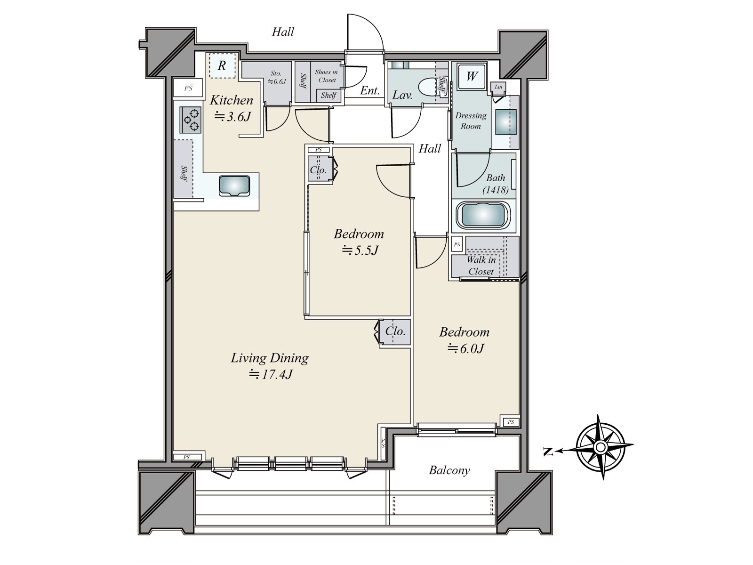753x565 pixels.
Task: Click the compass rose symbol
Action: coord(601,447)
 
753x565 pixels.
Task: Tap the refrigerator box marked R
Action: coord(222,65)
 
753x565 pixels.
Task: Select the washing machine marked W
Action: coord(472,76)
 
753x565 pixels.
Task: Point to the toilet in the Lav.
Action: coord(429,88)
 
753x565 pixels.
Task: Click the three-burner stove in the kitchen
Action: coord(190,120)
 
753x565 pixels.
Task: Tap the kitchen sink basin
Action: coord(234,185)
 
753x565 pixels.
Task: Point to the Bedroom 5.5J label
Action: coord(359,242)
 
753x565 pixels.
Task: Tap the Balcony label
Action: coord(449,470)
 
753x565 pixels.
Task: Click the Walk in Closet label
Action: coord(481,266)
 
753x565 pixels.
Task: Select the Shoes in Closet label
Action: coord(326,76)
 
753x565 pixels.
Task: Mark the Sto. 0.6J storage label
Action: coord(276,77)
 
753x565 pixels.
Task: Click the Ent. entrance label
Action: coord(369,91)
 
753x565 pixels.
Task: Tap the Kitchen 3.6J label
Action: coord(231,108)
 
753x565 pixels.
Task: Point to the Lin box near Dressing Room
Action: coord(498,87)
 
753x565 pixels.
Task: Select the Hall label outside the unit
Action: coord(283,32)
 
